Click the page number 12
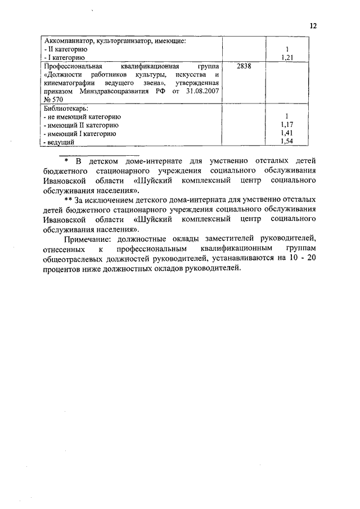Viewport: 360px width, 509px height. tap(313, 26)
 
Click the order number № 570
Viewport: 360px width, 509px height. tap(52, 99)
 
